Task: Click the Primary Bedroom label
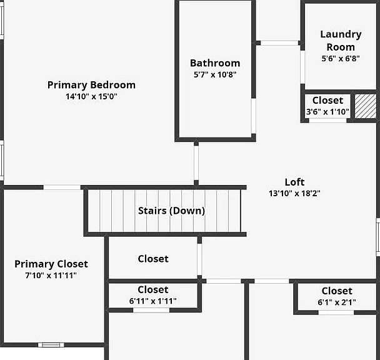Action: pyautogui.click(x=91, y=85)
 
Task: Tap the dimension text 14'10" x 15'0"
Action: pyautogui.click(x=91, y=96)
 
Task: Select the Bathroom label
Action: pyautogui.click(x=215, y=63)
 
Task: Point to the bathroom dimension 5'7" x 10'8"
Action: pyautogui.click(x=215, y=74)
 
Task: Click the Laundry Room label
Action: pyautogui.click(x=341, y=41)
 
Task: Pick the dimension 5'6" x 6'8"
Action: pyautogui.click(x=341, y=58)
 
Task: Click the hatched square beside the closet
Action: pyautogui.click(x=366, y=106)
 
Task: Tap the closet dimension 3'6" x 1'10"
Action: pyautogui.click(x=327, y=112)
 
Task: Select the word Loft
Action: pyautogui.click(x=294, y=182)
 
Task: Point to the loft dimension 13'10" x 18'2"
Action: pyautogui.click(x=294, y=194)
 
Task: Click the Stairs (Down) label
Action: pyautogui.click(x=172, y=211)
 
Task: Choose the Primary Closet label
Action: pyautogui.click(x=51, y=264)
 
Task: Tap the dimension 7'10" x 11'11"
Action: pyautogui.click(x=51, y=276)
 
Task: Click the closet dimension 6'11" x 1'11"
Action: pyautogui.click(x=153, y=301)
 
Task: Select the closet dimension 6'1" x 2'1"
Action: pyautogui.click(x=337, y=302)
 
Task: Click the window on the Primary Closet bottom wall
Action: pyautogui.click(x=51, y=345)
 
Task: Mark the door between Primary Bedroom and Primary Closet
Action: pyautogui.click(x=62, y=187)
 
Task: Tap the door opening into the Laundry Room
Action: pyautogui.click(x=302, y=67)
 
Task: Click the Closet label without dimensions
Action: pyautogui.click(x=153, y=259)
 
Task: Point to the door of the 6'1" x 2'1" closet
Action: pyautogui.click(x=336, y=312)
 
